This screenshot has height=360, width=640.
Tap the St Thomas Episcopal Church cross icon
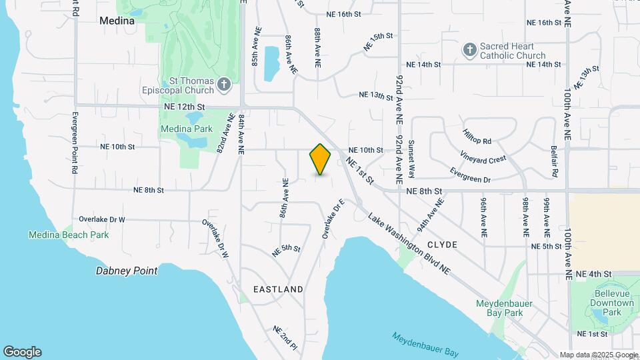(x=224, y=85)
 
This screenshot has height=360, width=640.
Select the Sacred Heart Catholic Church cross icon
(x=471, y=50)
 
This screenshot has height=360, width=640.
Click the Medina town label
(x=117, y=21)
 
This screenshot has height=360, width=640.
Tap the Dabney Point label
(x=127, y=271)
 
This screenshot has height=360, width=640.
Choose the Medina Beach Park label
(x=68, y=235)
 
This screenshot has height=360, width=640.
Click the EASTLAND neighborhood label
(x=279, y=289)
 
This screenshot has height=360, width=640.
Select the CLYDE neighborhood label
(x=443, y=245)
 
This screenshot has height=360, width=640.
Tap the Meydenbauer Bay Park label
(x=504, y=308)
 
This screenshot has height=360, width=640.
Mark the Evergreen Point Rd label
(x=75, y=143)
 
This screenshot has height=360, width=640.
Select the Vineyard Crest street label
(x=483, y=159)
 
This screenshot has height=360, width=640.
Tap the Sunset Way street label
(x=411, y=161)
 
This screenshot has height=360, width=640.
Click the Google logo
(x=22, y=352)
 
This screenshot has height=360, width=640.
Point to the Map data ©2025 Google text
(x=598, y=355)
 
